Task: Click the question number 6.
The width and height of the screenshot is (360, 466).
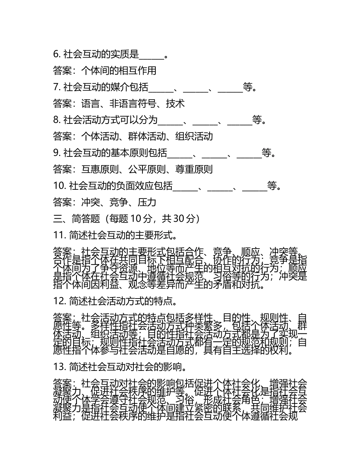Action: coord(57,55)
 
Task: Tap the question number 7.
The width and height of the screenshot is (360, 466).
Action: coord(57,87)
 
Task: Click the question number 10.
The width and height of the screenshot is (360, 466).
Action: coord(60,185)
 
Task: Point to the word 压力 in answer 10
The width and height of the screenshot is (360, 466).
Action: coord(147,202)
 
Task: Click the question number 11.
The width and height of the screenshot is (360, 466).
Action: coord(60,235)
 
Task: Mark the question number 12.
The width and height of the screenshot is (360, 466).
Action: coord(60,301)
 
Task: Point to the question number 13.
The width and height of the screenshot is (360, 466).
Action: coord(60,367)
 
